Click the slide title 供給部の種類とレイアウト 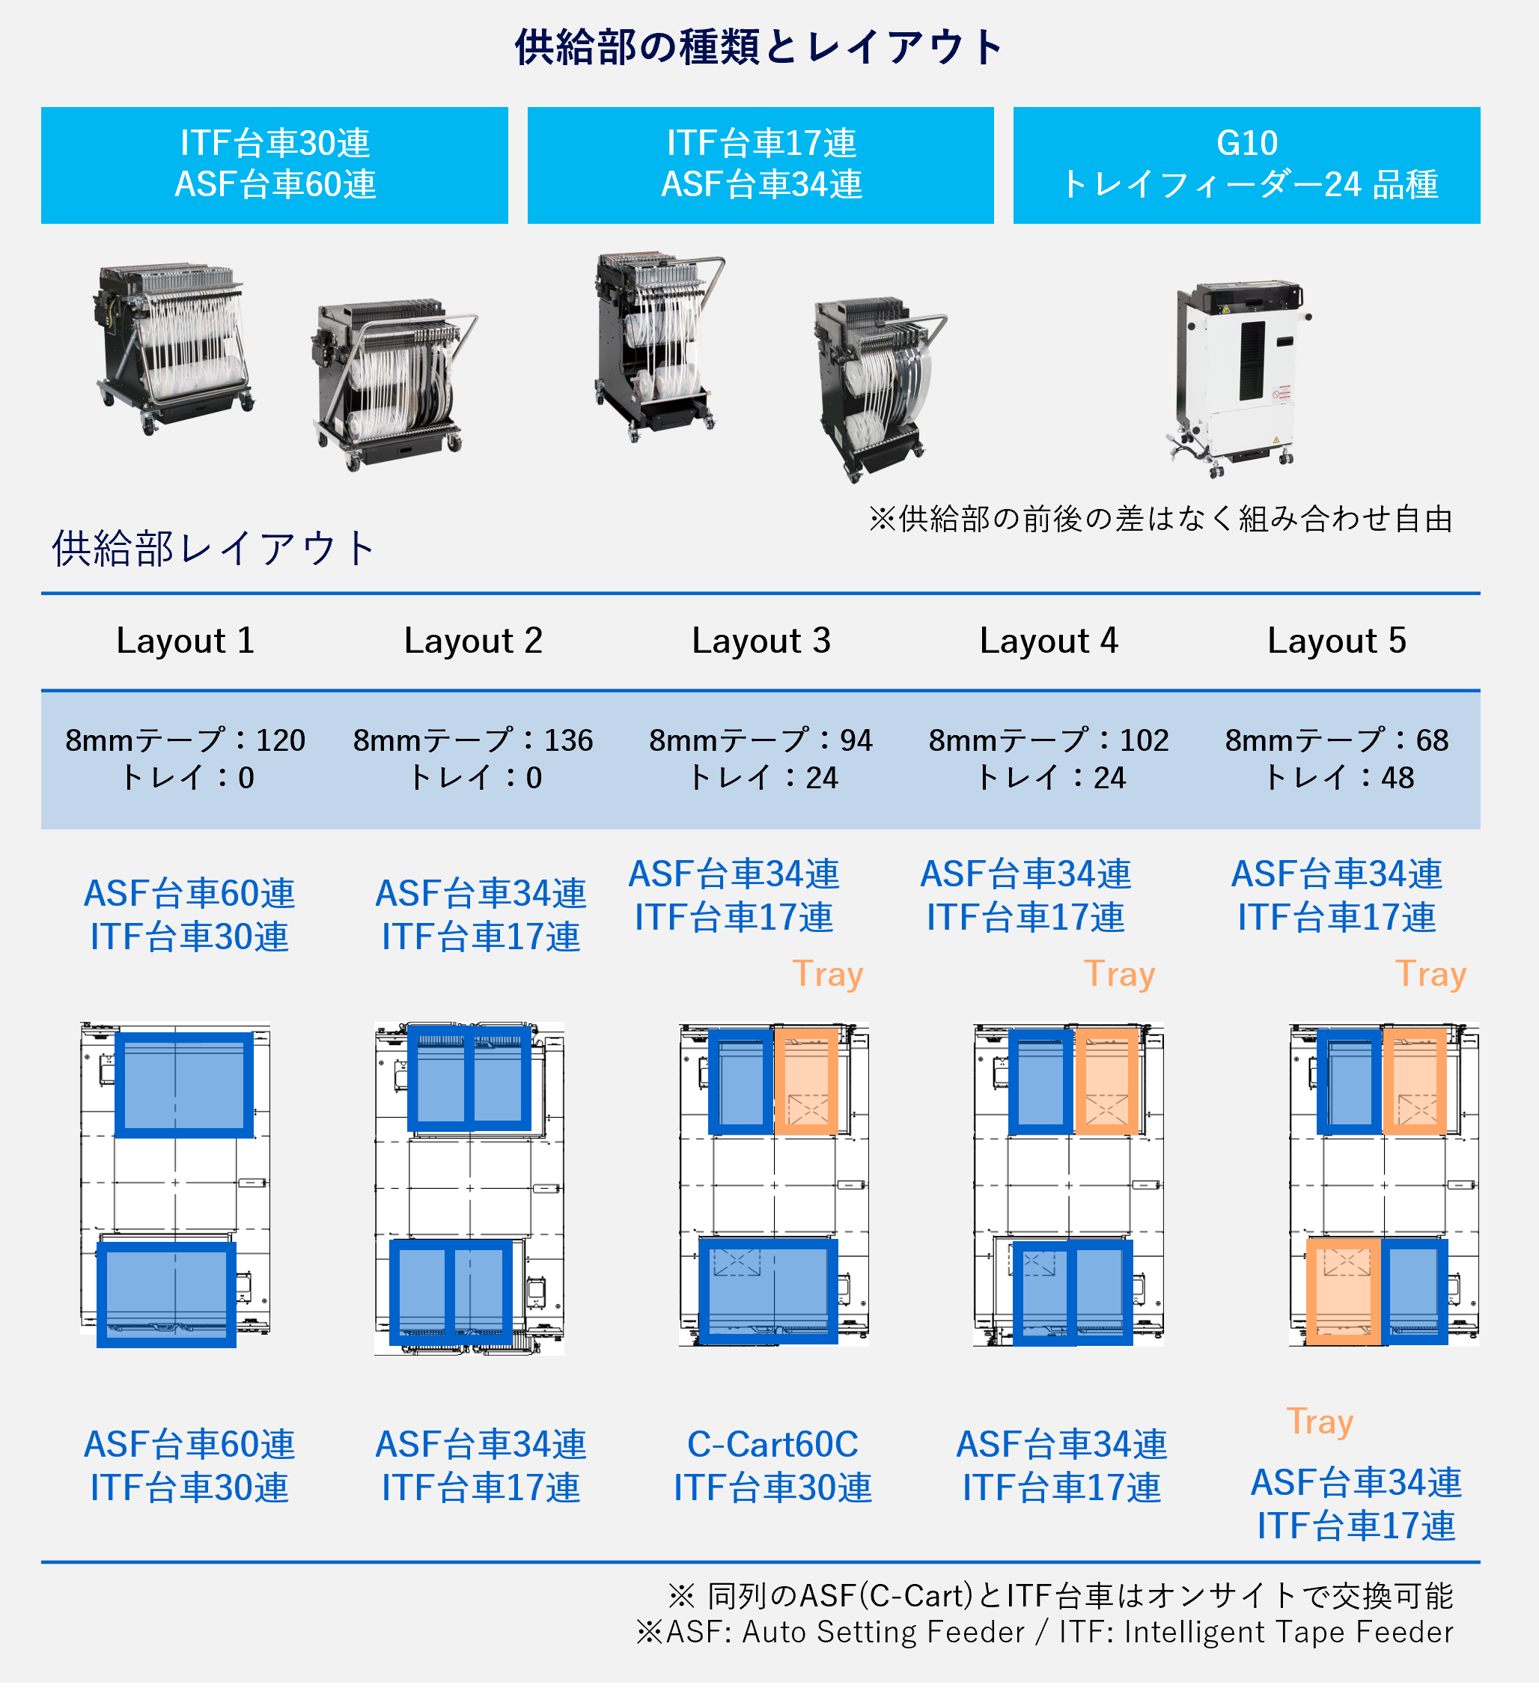pos(758,47)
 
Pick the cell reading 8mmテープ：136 pos(473,741)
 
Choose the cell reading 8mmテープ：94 pos(761,741)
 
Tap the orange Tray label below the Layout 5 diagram pos(1320,1422)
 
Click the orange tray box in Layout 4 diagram pos(1106,1081)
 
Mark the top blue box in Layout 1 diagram pos(183,1085)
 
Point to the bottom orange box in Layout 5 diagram pos(1343,1291)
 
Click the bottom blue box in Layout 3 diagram pos(768,1291)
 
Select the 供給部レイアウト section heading pos(213,549)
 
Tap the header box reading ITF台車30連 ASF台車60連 pos(275,165)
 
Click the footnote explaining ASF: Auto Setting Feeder pos(1044,1632)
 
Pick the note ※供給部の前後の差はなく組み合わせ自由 pos(1159,519)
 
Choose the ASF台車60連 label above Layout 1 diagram pos(189,894)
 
